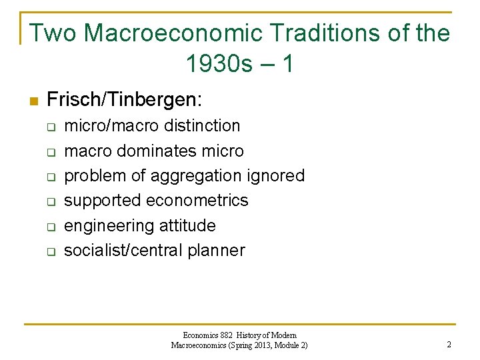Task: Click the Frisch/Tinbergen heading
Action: (x=124, y=100)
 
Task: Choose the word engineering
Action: (x=109, y=226)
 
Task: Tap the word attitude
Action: (x=188, y=225)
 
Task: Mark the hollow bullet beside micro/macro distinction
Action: (x=49, y=127)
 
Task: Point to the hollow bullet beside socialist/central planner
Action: (x=49, y=252)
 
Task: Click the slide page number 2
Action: (x=449, y=345)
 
